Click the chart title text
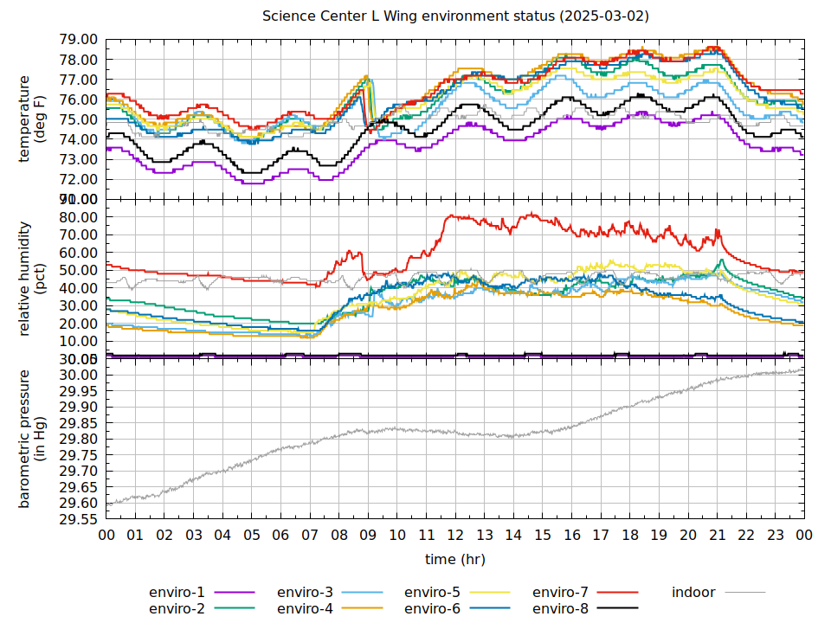coord(455,16)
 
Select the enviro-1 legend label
coord(177,593)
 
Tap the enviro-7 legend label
coord(560,593)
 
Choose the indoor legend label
coord(693,593)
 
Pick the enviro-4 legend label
coord(305,609)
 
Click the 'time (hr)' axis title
coord(455,560)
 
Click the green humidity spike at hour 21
coord(721,260)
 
